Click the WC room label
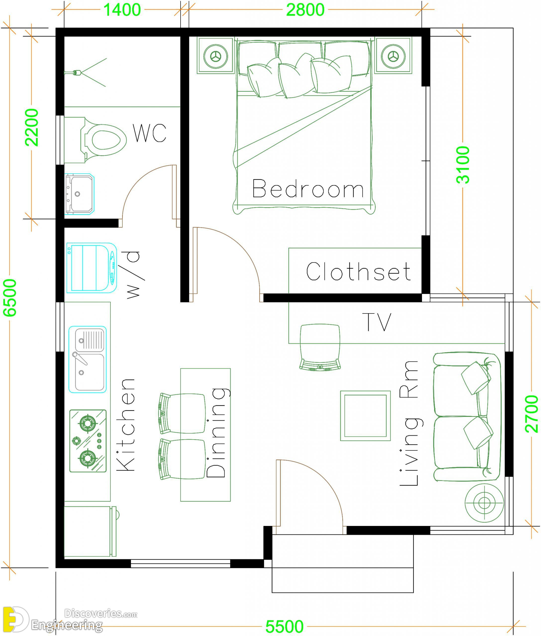(150, 133)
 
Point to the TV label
(377, 322)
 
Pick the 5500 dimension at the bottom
(284, 627)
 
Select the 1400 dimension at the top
(122, 9)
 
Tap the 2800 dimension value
(305, 9)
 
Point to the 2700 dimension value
(532, 414)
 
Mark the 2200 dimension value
(32, 127)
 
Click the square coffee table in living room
(365, 416)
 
